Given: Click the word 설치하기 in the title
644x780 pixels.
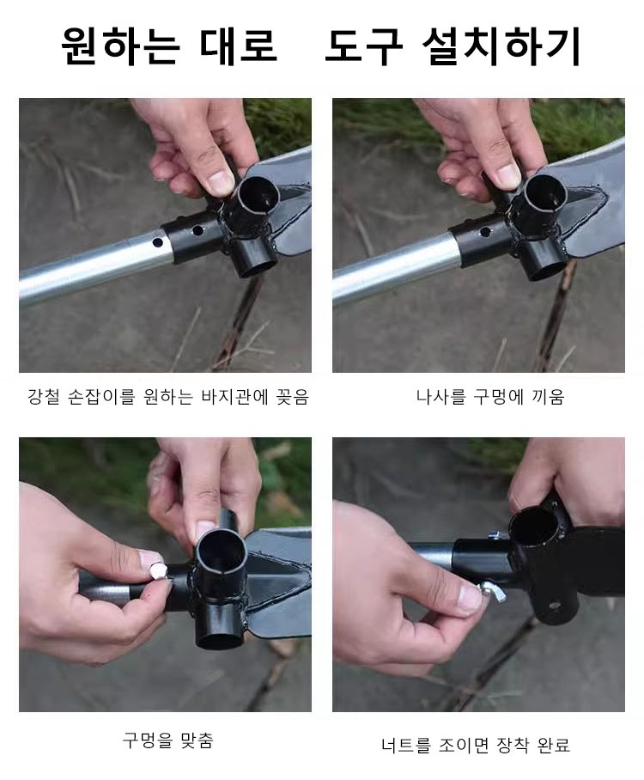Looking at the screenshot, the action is pos(501,46).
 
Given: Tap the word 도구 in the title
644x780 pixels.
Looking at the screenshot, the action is pos(363,46).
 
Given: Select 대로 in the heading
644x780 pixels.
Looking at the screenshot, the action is pos(238,46).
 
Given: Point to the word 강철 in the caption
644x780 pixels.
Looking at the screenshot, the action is pos(44,397).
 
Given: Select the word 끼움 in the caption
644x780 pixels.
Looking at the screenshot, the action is pos(549,397).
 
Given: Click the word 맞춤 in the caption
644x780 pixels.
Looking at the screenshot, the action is pos(196,740).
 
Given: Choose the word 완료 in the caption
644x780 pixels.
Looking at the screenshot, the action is pos(554,745).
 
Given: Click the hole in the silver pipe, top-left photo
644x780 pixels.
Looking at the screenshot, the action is pos(158,243).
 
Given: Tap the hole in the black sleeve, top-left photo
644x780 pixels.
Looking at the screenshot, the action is pos(197,230).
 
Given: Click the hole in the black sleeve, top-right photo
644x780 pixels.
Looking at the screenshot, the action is pos(484,232).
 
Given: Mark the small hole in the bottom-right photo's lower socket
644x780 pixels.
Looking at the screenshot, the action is pos(553,606).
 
